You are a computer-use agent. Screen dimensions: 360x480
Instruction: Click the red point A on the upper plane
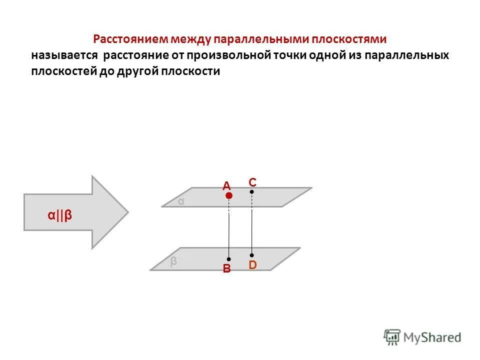228,196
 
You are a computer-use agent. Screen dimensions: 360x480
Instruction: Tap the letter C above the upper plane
252,182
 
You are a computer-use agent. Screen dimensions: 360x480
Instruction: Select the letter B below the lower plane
226,269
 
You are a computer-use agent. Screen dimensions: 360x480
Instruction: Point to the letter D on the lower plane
252,265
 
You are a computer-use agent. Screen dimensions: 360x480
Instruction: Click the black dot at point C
252,191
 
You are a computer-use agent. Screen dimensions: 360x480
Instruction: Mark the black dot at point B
228,259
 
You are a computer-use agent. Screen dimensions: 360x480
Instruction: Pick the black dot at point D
252,255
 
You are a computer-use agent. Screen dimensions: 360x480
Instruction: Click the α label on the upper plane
181,201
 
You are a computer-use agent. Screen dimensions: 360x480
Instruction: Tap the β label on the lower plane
173,261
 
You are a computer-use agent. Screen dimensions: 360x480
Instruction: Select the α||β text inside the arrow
60,215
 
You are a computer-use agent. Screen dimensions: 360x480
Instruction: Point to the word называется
63,55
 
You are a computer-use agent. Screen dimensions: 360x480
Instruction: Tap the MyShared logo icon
392,336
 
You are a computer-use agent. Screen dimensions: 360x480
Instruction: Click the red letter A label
226,186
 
